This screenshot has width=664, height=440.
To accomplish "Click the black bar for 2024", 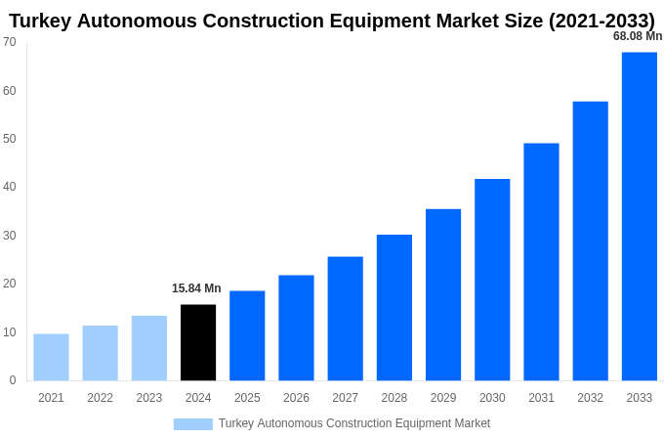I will click(x=198, y=342).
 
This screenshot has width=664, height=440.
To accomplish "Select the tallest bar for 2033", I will click(x=639, y=216).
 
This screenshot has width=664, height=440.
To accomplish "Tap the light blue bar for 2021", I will click(x=51, y=357).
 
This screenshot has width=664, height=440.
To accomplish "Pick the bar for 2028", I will click(x=394, y=307).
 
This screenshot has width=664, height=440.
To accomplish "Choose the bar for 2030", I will click(x=492, y=280).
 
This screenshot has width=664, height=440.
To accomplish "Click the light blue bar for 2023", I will click(x=149, y=348).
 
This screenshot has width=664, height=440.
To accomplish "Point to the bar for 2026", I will click(x=296, y=328).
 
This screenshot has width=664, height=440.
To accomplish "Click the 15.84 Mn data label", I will click(x=196, y=288).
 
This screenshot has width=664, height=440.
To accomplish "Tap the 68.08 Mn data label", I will click(x=637, y=36).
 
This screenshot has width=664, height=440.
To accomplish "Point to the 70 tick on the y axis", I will click(x=10, y=42).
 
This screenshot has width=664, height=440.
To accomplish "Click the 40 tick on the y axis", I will click(x=10, y=187).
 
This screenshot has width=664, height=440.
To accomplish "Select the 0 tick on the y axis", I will click(x=13, y=380).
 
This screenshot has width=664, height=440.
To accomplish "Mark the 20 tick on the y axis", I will click(x=10, y=284).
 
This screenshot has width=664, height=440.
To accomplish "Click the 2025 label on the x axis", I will click(x=247, y=398).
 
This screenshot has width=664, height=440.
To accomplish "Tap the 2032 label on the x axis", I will click(x=590, y=398).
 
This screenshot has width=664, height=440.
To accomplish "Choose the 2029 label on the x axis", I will click(x=443, y=398).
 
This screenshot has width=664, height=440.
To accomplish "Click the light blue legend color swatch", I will click(x=192, y=423).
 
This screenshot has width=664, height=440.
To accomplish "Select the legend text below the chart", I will click(x=354, y=423).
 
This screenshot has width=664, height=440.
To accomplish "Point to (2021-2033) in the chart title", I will click(x=589, y=21).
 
